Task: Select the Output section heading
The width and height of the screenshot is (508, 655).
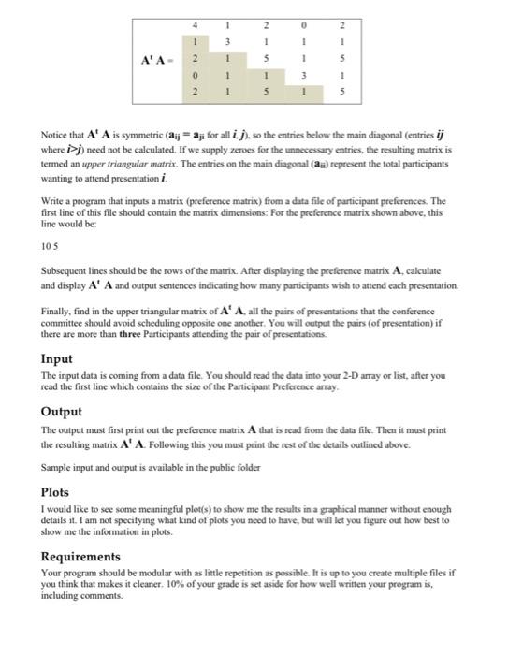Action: (x=62, y=412)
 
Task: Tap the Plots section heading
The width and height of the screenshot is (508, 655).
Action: (x=55, y=491)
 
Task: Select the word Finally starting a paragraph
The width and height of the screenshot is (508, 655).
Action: (x=61, y=311)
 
